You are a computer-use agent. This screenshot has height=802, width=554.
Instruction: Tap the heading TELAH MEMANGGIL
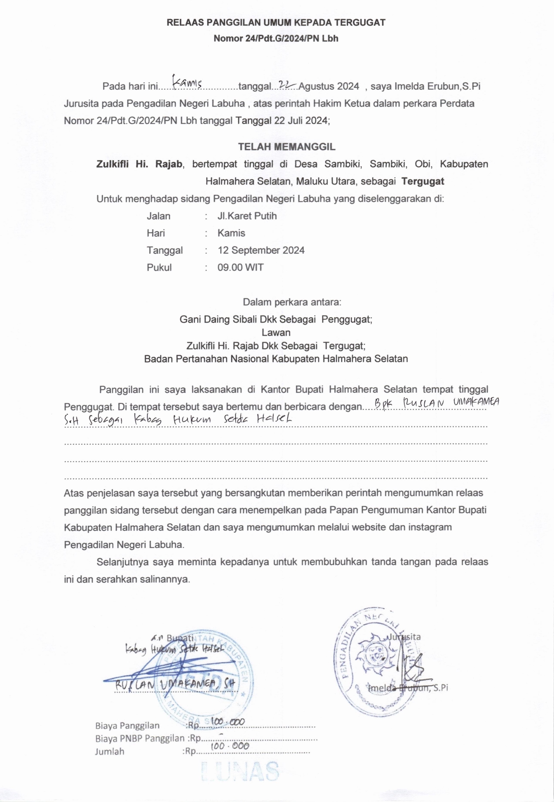pos(286,147)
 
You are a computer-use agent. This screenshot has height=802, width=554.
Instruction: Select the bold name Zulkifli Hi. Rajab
pos(139,164)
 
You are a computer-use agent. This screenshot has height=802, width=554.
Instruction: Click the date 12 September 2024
pos(261,251)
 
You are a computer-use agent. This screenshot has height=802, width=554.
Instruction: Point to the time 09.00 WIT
pos(241,268)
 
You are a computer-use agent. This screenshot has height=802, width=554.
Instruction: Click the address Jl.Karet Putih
pos(247,216)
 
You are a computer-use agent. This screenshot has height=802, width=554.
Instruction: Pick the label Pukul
pos(159,268)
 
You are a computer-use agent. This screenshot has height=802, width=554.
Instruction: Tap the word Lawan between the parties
pos(276,333)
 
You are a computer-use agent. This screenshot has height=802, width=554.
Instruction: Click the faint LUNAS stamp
pos(241,772)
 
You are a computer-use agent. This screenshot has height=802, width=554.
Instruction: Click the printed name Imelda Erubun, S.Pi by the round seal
pos(408,688)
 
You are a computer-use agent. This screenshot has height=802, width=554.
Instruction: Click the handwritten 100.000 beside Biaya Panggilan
pos(228,722)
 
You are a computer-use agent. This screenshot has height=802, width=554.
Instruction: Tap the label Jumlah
pos(110,752)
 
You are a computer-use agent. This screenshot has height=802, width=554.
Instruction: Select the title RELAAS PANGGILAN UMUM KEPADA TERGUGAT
pos(276,23)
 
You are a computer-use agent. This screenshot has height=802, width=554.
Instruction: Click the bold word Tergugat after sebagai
pos(423,181)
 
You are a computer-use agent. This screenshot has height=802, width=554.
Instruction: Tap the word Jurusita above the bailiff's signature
pos(404,637)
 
